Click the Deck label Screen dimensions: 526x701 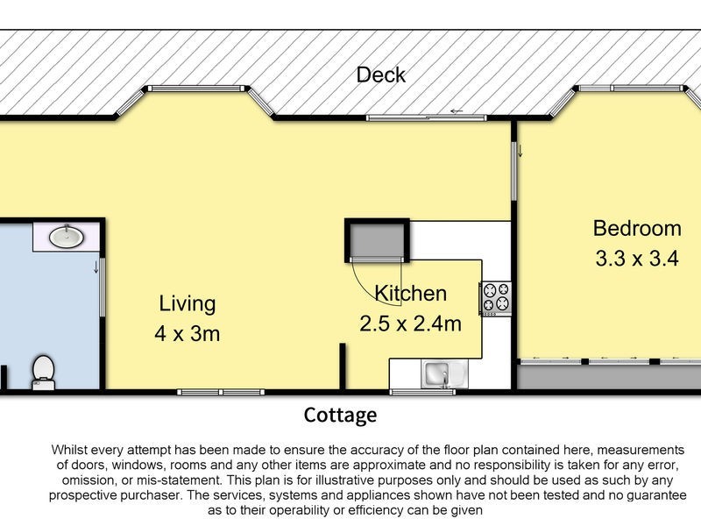click(x=381, y=75)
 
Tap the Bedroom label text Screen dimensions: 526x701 click(x=637, y=229)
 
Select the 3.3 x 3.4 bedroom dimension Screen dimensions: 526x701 click(x=637, y=259)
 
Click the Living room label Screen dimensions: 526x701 click(x=187, y=304)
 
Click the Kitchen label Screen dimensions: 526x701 click(x=410, y=293)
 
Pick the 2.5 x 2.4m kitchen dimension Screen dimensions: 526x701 click(x=410, y=323)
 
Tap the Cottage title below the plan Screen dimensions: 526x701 click(x=340, y=415)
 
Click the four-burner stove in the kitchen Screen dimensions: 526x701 click(x=496, y=297)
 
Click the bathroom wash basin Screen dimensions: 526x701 click(x=67, y=236)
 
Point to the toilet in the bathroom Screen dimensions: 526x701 click(x=42, y=371)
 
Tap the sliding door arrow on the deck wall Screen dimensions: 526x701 click(x=456, y=111)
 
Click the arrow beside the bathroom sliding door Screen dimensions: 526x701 click(x=95, y=267)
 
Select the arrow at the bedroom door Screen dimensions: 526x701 click(x=520, y=151)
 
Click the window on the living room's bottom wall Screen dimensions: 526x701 click(x=219, y=391)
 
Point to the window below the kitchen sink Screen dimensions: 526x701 click(x=422, y=391)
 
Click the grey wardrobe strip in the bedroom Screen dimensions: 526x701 click(x=608, y=375)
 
